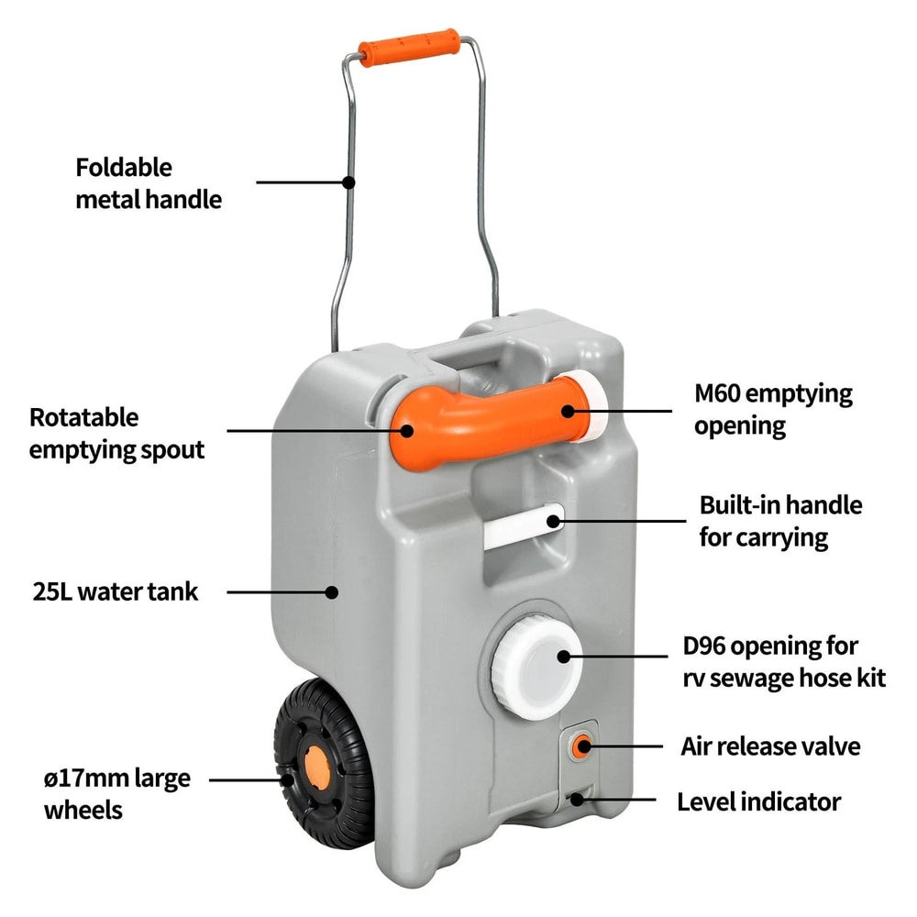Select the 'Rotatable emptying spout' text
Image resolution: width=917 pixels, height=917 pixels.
[117, 433]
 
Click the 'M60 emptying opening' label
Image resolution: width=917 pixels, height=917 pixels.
[773, 410]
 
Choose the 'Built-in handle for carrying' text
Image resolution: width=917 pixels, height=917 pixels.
[780, 521]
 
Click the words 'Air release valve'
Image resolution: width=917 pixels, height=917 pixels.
[770, 746]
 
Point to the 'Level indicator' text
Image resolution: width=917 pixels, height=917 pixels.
[758, 801]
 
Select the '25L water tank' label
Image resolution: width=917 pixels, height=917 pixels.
[115, 591]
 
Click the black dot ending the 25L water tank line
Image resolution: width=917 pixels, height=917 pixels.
[332, 592]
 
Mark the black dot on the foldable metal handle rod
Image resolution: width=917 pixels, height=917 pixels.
[348, 182]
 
